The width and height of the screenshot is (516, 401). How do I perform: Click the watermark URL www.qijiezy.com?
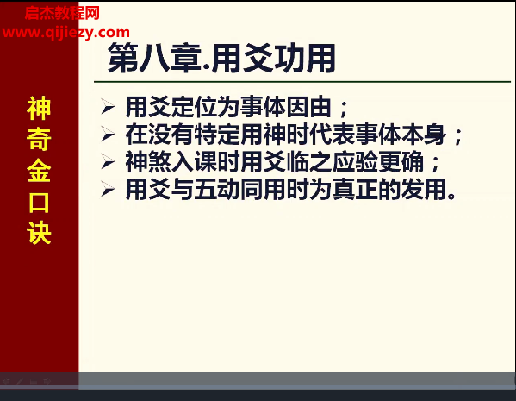pos(65,33)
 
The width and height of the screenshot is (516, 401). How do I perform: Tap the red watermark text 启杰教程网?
pos(62,14)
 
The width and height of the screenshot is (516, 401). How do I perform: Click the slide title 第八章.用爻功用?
pos(221,59)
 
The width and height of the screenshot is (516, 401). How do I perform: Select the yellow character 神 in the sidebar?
pos(39,109)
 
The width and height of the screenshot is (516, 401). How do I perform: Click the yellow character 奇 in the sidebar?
pos(39,140)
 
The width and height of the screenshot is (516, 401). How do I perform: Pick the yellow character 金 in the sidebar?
pos(39,171)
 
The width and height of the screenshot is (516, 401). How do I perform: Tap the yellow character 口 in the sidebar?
pos(39,202)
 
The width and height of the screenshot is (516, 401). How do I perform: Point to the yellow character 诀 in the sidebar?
pos(39,233)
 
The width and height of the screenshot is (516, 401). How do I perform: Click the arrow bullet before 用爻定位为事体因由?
pos(108,107)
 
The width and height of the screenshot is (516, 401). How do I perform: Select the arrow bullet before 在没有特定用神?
pos(108,135)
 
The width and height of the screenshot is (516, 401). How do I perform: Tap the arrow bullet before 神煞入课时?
pos(108,161)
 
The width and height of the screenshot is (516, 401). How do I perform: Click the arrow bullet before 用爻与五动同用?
pos(108,189)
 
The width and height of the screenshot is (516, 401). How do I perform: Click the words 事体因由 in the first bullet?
pos(285,107)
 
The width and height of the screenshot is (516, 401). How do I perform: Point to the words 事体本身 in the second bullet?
pos(401,135)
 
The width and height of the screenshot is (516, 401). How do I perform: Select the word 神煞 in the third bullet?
pos(148,162)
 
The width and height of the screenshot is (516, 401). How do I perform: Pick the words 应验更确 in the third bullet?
pos(377,162)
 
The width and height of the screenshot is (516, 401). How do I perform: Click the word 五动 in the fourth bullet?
pos(217,190)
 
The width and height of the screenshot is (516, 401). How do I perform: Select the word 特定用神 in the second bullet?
pos(239,135)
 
